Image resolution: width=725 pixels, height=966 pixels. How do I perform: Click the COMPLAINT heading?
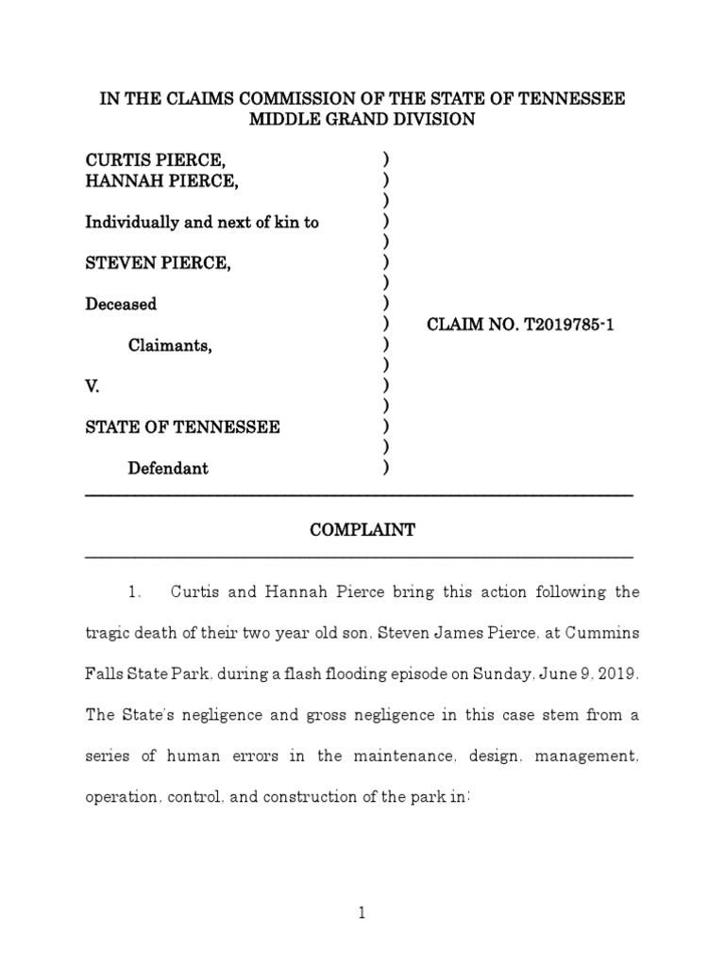click(x=362, y=530)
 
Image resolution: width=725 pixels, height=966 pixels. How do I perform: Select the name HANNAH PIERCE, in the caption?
click(x=161, y=181)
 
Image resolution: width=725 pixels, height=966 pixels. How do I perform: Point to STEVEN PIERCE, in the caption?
click(x=159, y=263)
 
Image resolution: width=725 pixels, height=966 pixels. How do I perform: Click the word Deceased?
click(x=121, y=304)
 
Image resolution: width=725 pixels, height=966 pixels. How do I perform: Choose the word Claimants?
click(x=170, y=345)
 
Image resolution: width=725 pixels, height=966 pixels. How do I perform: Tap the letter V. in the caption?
click(x=93, y=386)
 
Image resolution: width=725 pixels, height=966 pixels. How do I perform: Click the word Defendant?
click(x=169, y=468)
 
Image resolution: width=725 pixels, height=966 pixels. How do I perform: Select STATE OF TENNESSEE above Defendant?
click(x=182, y=427)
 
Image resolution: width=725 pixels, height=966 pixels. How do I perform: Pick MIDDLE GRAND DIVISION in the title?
click(x=362, y=120)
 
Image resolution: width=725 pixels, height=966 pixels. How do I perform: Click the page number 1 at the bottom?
click(x=362, y=914)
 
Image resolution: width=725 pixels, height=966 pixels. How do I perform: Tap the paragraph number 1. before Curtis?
click(x=134, y=593)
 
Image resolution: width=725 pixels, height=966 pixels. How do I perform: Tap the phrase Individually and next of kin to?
click(x=202, y=223)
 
